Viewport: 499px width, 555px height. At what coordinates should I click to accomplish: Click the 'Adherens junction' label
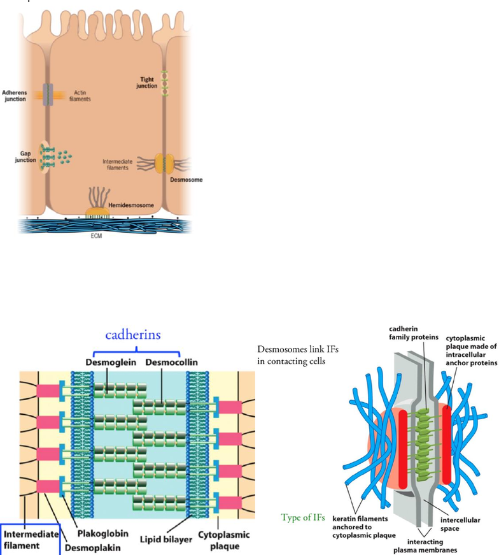pos(15,96)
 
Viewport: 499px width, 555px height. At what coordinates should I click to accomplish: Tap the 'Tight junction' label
pos(147,82)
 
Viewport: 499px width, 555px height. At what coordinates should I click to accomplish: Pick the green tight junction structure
pos(165,83)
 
